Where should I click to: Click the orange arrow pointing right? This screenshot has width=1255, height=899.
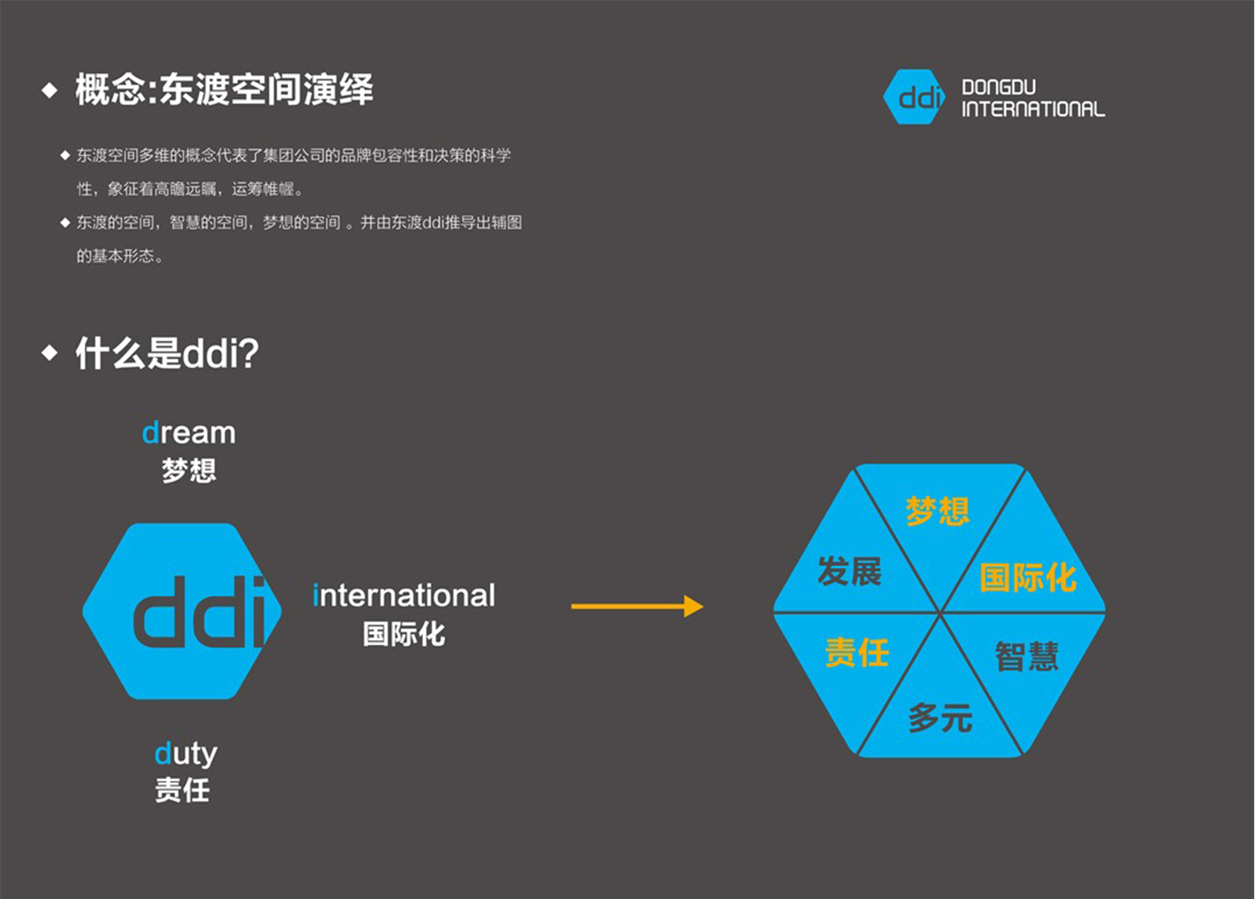click(637, 607)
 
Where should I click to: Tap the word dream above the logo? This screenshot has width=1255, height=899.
click(189, 433)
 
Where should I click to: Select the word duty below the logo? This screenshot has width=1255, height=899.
click(185, 754)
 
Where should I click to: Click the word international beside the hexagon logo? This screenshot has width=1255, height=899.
click(403, 594)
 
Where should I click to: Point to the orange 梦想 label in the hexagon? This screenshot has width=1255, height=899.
click(937, 511)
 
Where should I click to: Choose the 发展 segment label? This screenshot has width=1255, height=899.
click(849, 571)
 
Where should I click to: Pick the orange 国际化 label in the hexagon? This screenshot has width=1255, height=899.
click(1028, 577)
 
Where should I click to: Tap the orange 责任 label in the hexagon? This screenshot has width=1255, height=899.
click(857, 652)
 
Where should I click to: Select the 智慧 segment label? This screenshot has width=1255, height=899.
click(1027, 656)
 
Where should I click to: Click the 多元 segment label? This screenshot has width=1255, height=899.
click(940, 718)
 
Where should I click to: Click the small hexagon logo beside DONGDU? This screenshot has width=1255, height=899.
click(914, 97)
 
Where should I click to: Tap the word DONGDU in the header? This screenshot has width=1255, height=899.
click(999, 87)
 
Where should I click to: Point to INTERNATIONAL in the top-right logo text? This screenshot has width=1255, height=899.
click(1034, 109)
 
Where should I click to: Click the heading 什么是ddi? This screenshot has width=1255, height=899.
click(167, 353)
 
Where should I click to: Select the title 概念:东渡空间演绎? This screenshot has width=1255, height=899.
click(224, 89)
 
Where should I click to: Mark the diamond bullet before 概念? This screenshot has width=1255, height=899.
click(50, 90)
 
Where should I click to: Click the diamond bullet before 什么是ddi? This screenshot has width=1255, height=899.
click(50, 352)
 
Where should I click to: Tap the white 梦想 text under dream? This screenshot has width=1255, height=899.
click(189, 470)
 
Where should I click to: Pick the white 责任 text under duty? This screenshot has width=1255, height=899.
click(182, 790)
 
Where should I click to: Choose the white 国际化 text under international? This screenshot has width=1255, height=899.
click(404, 634)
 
